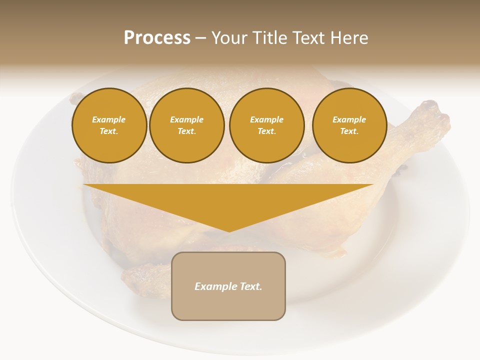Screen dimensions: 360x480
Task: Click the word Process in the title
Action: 157,38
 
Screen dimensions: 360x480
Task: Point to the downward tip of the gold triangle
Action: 229,231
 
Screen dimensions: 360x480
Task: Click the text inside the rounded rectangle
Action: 228,286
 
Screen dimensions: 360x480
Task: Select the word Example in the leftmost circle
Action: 109,119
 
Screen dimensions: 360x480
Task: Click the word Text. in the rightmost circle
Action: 349,131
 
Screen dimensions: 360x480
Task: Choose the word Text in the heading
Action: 308,38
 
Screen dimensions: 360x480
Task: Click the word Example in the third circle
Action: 266,119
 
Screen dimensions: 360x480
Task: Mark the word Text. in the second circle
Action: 186,131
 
